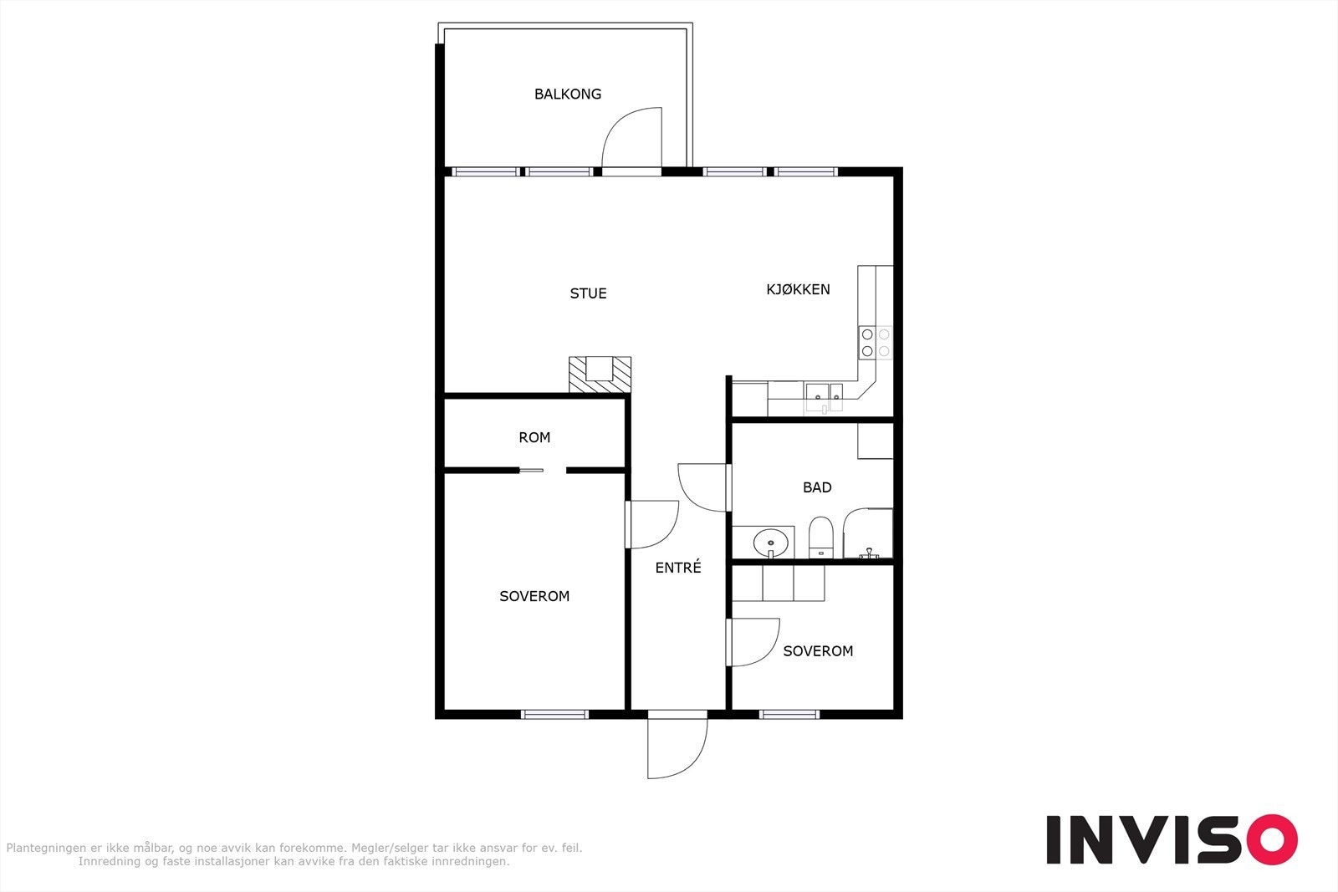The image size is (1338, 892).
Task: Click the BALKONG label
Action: pos(568,94)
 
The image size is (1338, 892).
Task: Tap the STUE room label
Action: pos(588,293)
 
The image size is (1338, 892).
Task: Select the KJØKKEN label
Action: pos(798,289)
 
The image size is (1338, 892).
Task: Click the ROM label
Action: pos(534,437)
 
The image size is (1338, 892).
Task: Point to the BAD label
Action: pos(817,487)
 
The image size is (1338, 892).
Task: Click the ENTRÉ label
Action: pos(678,568)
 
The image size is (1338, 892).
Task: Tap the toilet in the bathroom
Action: pos(821,538)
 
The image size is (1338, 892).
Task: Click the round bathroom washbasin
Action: pos(770,543)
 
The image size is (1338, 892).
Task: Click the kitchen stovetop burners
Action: pos(876,343)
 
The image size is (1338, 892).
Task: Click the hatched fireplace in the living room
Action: pos(600,375)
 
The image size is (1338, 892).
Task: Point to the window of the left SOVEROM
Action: pos(554,714)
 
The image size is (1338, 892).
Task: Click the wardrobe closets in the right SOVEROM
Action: pos(779,583)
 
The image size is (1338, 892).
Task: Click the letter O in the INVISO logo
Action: pos(1268,839)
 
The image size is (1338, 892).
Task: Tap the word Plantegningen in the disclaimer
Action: pos(47,848)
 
